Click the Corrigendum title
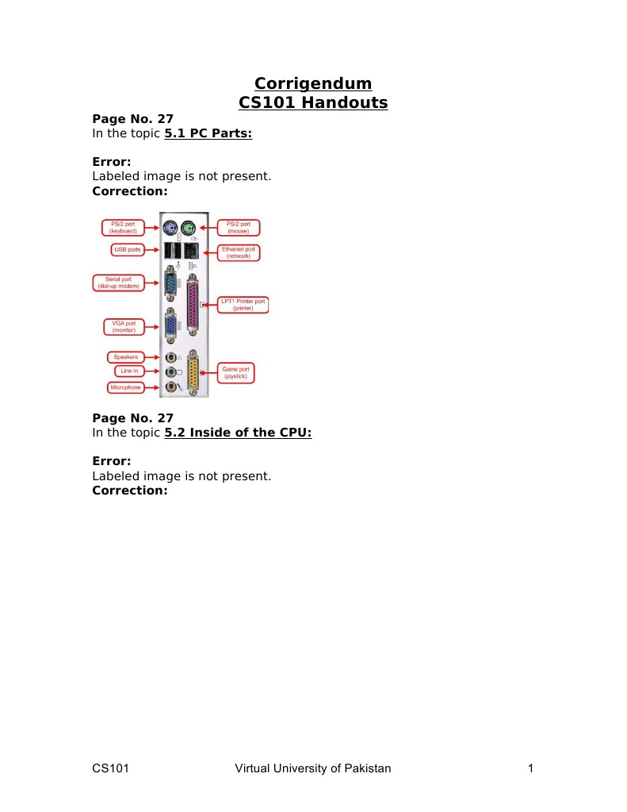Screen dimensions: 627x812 click(313, 83)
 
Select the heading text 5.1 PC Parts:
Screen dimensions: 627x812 click(208, 133)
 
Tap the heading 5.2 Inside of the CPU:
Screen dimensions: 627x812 click(238, 433)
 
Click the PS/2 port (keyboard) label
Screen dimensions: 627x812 click(123, 227)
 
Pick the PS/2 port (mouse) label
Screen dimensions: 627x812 click(238, 227)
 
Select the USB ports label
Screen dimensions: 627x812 click(128, 249)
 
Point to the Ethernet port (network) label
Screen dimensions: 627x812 click(239, 252)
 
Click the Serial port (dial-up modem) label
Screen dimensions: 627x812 click(118, 283)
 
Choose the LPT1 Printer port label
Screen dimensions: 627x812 click(243, 305)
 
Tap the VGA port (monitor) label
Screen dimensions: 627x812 click(124, 327)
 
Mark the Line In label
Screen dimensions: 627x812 click(129, 371)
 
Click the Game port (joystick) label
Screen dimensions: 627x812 click(235, 373)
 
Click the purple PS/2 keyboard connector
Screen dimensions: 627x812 click(170, 227)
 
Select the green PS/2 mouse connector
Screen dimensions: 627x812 click(189, 227)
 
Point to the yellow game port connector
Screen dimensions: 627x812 click(193, 371)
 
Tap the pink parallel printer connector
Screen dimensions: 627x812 click(193, 305)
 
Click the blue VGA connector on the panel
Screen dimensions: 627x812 click(170, 327)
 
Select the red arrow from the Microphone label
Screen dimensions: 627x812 click(152, 387)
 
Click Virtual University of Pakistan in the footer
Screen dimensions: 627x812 click(313, 768)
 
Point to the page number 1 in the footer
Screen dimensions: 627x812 click(531, 768)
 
